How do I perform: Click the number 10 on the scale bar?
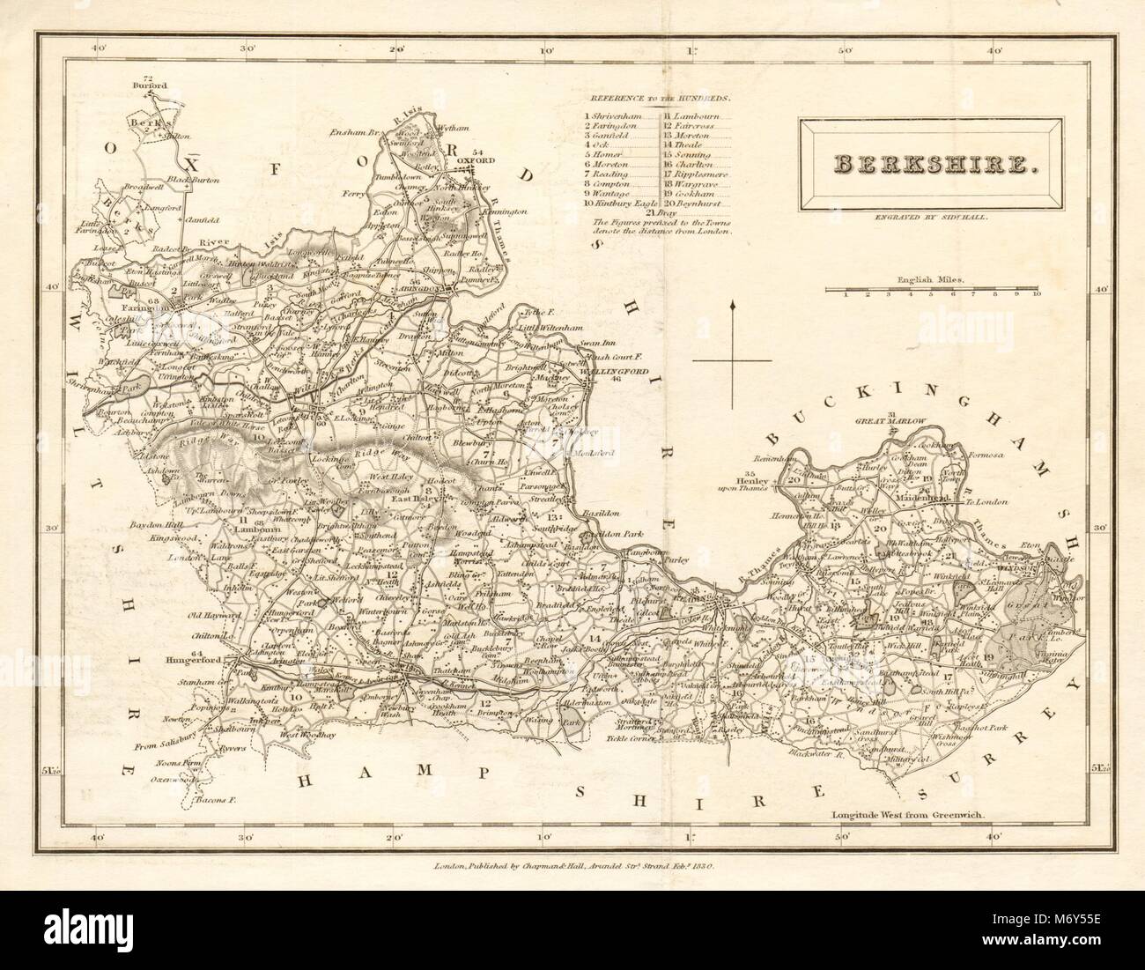[x=1037, y=293]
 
